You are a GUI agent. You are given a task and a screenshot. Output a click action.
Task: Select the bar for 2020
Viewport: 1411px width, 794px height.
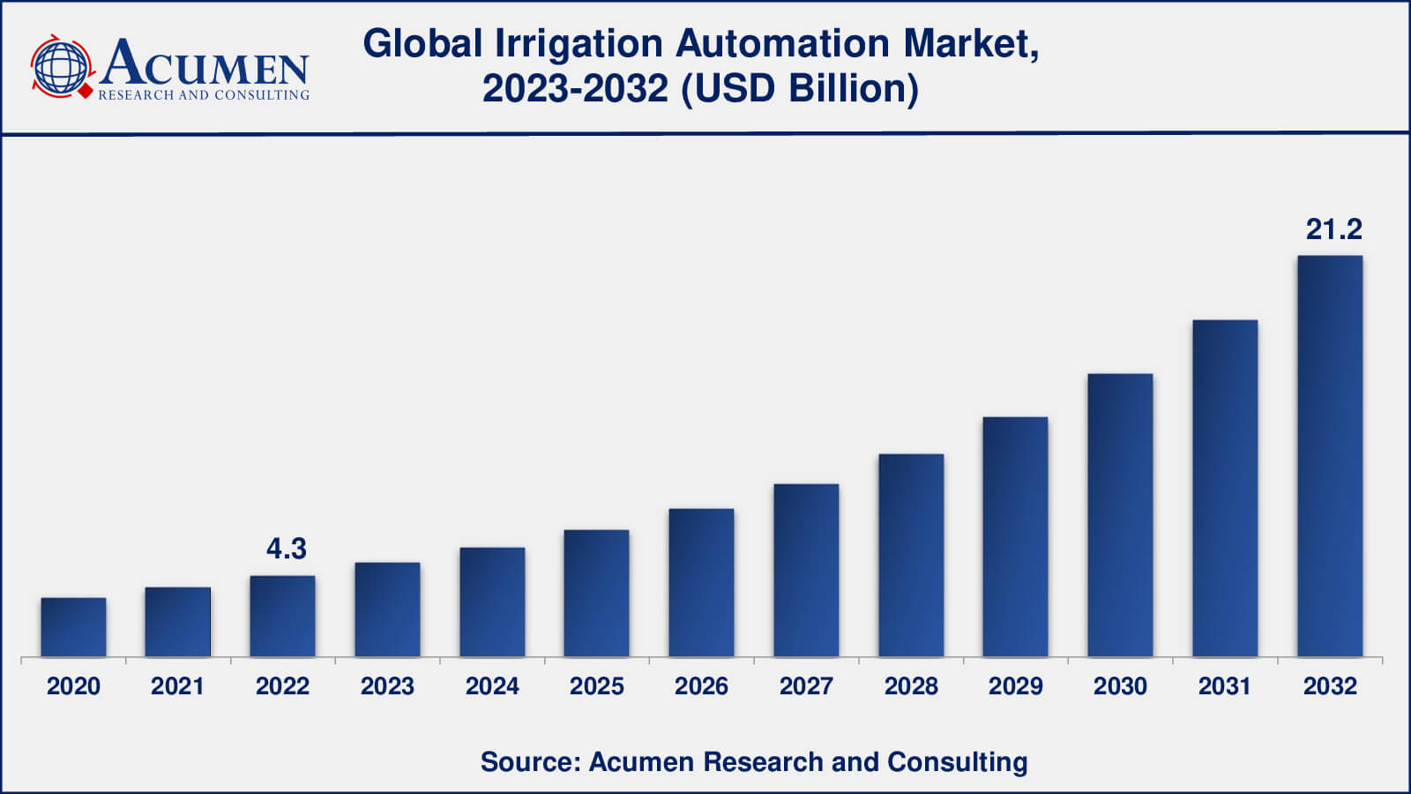tap(73, 627)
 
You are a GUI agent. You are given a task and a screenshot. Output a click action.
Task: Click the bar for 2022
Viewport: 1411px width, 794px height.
tap(282, 617)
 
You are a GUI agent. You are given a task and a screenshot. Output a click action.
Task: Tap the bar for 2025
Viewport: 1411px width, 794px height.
tap(596, 593)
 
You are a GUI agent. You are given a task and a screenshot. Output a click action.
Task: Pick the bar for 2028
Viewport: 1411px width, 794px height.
tap(911, 556)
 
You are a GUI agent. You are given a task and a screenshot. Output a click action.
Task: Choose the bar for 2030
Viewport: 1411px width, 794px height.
tap(1120, 515)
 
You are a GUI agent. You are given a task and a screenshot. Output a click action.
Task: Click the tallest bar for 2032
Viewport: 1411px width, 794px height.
tap(1329, 456)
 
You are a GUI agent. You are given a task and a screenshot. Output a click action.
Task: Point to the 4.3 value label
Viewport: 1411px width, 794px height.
tap(287, 549)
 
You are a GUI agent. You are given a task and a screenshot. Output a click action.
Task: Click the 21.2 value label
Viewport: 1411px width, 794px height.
tap(1333, 229)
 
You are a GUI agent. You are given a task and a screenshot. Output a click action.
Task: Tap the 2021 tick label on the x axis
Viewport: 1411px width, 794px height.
tap(177, 686)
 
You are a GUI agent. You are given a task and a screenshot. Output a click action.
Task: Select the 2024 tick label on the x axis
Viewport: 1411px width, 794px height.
tap(492, 686)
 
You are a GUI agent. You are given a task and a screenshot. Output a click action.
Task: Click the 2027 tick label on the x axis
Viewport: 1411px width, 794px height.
tap(806, 686)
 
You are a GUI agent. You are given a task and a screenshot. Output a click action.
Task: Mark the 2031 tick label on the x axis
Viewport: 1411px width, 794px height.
tap(1225, 686)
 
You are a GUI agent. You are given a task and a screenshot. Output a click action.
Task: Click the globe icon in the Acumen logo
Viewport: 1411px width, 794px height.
tap(61, 66)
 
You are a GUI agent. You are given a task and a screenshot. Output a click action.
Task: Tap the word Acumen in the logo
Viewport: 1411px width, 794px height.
tap(205, 64)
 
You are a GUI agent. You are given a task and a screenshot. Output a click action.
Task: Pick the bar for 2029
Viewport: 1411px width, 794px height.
tap(1015, 537)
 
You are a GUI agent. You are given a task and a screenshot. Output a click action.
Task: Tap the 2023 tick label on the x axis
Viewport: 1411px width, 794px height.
tap(387, 686)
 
